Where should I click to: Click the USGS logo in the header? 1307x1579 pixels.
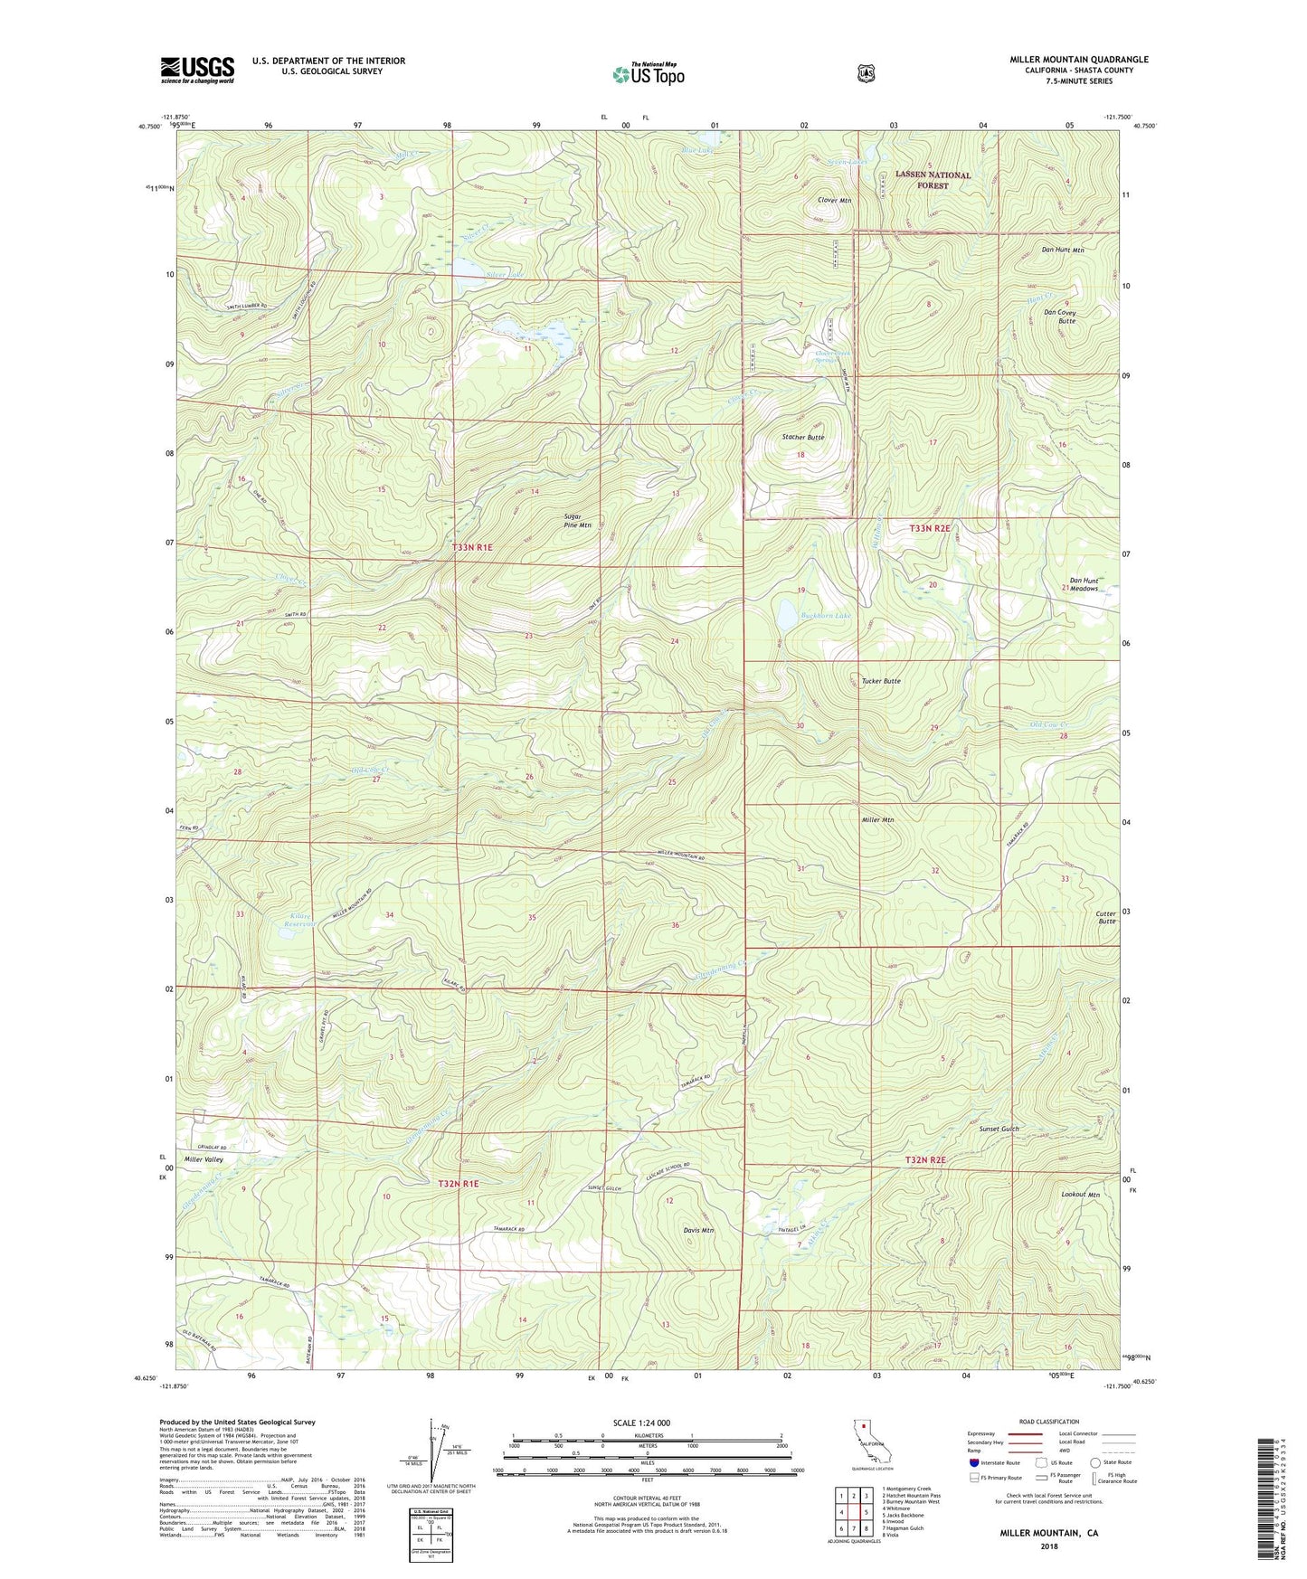click(197, 70)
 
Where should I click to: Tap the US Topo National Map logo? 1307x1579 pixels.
click(648, 74)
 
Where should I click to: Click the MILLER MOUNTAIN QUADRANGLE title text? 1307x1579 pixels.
click(1078, 60)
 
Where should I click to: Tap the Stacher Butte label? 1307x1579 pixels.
click(802, 437)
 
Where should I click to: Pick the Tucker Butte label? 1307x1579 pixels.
click(880, 681)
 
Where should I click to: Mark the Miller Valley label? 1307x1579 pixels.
click(204, 1159)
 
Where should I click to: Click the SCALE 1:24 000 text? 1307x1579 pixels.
click(641, 1423)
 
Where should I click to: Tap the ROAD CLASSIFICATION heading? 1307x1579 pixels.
click(1048, 1422)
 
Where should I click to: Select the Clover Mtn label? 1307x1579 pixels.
click(834, 201)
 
